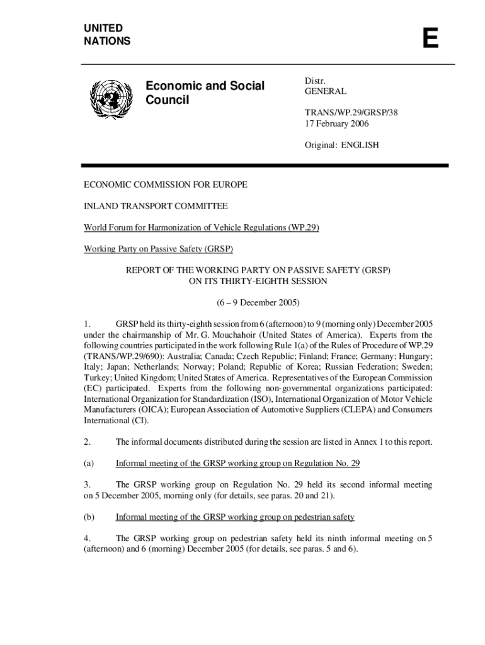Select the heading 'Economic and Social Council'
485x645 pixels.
click(205, 93)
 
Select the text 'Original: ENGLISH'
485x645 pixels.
click(342, 145)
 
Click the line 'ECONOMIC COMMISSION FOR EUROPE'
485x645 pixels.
click(166, 185)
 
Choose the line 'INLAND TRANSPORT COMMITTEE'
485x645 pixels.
click(156, 206)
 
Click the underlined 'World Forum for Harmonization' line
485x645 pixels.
click(202, 227)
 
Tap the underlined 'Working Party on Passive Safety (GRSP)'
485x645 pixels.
click(159, 249)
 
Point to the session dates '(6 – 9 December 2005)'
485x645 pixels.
click(258, 302)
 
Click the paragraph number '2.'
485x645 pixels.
click(88, 442)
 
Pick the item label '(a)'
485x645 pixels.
click(89, 464)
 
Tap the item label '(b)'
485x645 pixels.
click(89, 517)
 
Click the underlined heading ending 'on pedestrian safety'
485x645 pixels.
click(235, 517)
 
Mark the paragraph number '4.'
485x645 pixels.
click(88, 539)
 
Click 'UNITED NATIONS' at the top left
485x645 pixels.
click(107, 35)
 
